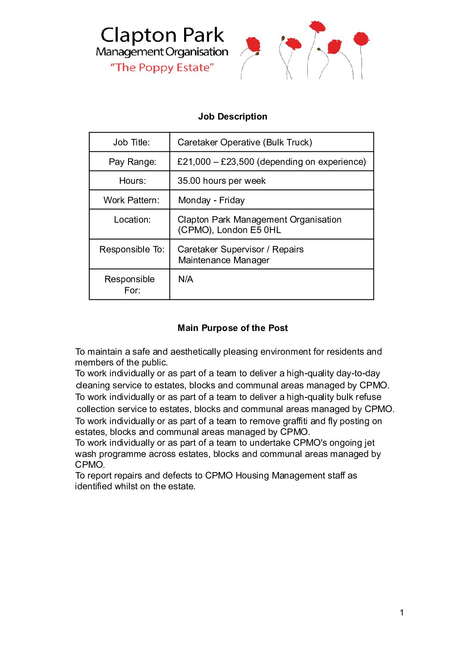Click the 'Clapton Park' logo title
click(162, 35)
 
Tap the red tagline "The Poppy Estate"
click(162, 67)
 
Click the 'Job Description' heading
click(232, 117)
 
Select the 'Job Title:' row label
click(131, 142)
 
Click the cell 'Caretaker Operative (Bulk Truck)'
click(244, 142)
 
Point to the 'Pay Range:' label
click(132, 162)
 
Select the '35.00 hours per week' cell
click(221, 181)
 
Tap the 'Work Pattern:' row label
click(131, 200)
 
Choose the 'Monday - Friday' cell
click(211, 200)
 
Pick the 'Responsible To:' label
click(132, 249)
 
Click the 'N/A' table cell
click(185, 279)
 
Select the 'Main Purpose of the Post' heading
click(232, 328)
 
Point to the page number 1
click(402, 612)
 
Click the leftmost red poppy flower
click(253, 45)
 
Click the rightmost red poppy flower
click(361, 39)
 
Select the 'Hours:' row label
click(132, 181)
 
